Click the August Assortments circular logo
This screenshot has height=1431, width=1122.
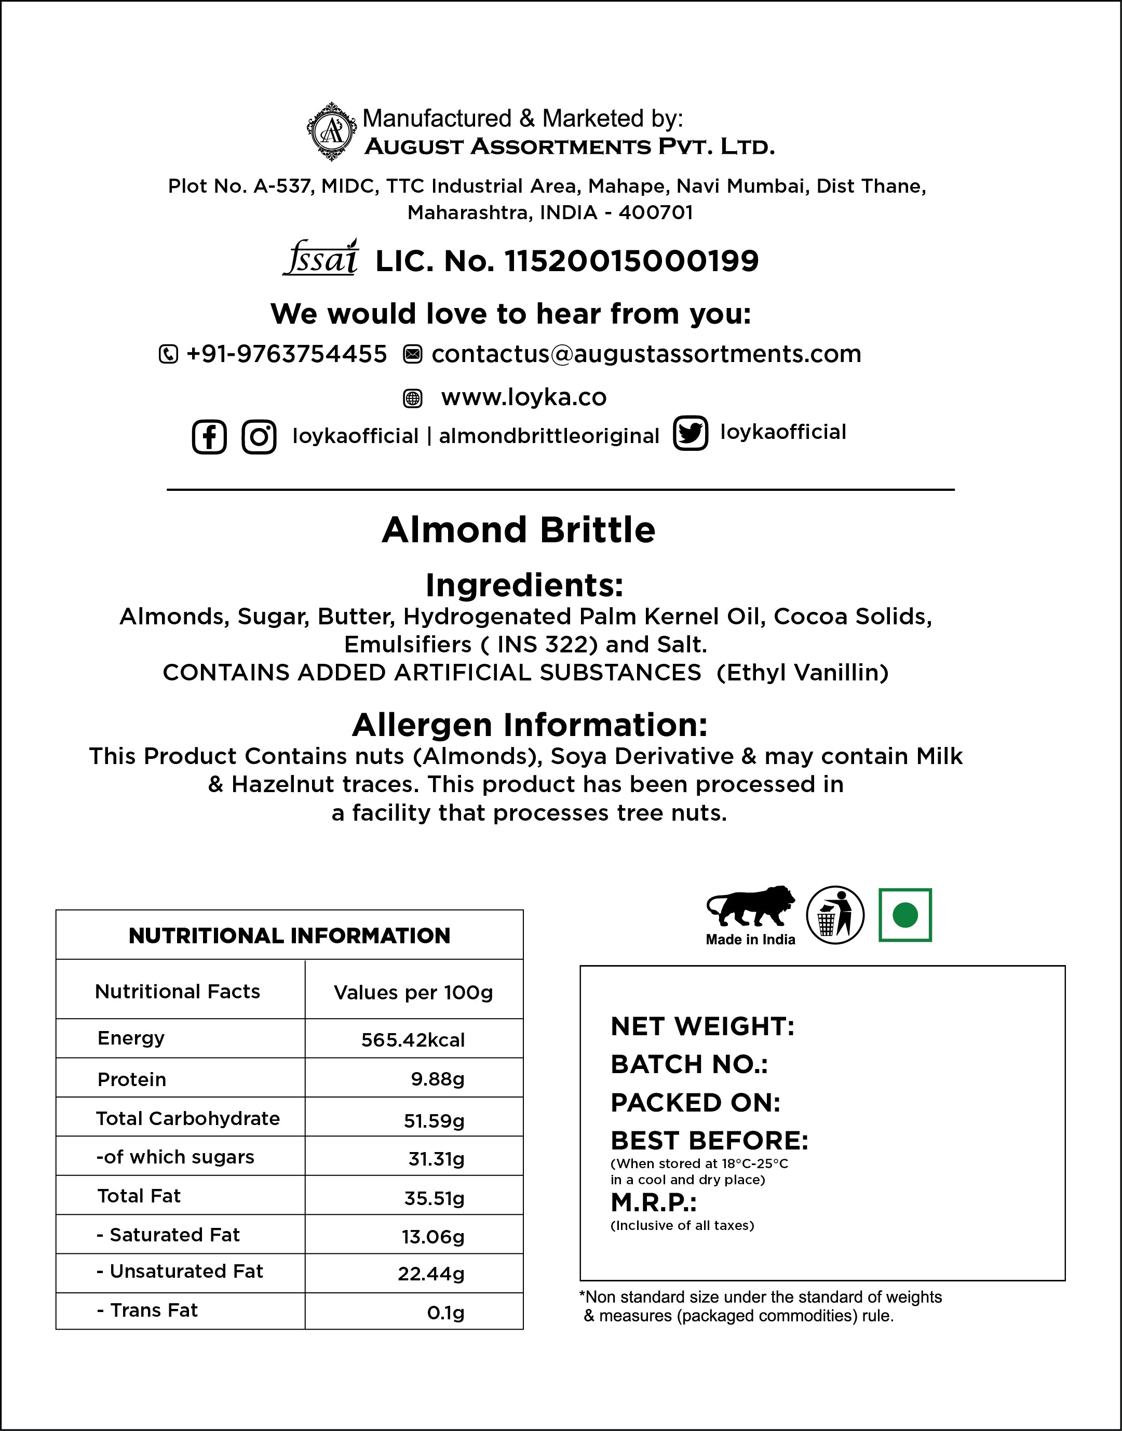(332, 131)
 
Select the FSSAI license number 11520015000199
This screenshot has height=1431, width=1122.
(631, 261)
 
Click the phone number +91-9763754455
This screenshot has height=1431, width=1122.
(287, 354)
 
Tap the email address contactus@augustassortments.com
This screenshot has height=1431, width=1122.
(646, 354)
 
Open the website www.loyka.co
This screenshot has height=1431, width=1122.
(523, 397)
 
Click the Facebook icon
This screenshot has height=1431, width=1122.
(209, 437)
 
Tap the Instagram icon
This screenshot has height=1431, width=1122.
(259, 437)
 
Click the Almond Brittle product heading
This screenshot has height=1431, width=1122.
(518, 530)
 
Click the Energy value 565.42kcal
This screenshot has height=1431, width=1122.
(413, 1040)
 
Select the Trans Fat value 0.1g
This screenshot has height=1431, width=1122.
(445, 1312)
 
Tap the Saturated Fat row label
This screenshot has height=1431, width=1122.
(169, 1235)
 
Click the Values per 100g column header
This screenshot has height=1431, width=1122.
(413, 992)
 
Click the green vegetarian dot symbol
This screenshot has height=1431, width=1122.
(904, 915)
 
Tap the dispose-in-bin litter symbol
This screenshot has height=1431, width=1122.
(834, 915)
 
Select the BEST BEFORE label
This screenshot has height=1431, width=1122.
(709, 1141)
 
